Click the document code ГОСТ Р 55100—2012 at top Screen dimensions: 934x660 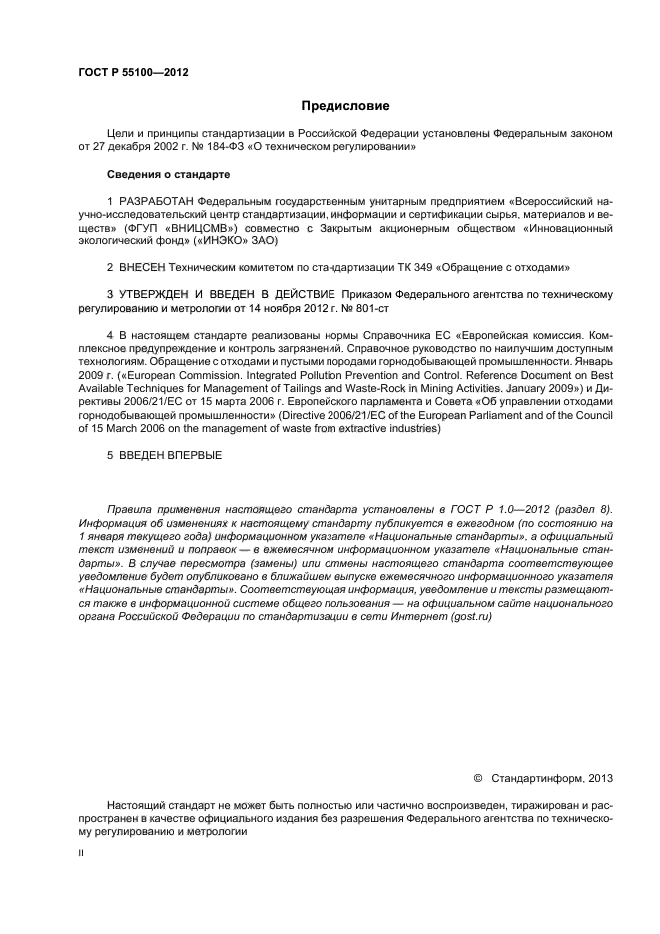[x=133, y=73]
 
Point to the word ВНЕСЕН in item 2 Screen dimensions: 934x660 [x=142, y=267]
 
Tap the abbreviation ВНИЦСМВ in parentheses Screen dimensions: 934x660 [x=206, y=228]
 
